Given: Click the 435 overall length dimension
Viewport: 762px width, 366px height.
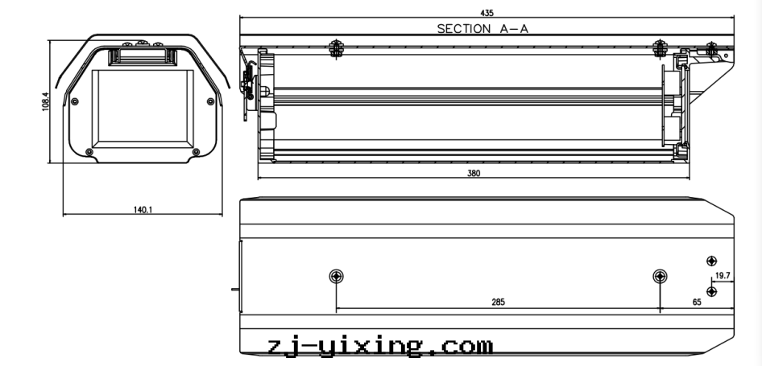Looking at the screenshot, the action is click(487, 13).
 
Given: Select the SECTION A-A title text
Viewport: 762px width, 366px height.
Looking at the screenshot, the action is click(482, 29).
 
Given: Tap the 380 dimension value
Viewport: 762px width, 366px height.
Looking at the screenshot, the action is click(474, 173).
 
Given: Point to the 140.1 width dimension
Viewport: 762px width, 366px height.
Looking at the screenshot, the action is click(143, 210).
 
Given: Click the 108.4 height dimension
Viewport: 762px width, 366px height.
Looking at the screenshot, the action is click(46, 101).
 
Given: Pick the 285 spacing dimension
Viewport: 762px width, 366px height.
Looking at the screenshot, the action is click(498, 302).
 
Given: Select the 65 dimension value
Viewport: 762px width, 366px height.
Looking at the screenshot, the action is click(697, 302).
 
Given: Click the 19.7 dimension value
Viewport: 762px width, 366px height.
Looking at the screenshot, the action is click(723, 276).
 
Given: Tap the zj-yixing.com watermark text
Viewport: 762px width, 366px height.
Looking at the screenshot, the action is click(380, 347).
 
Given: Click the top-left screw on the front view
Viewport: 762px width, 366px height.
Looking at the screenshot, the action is click(75, 101).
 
